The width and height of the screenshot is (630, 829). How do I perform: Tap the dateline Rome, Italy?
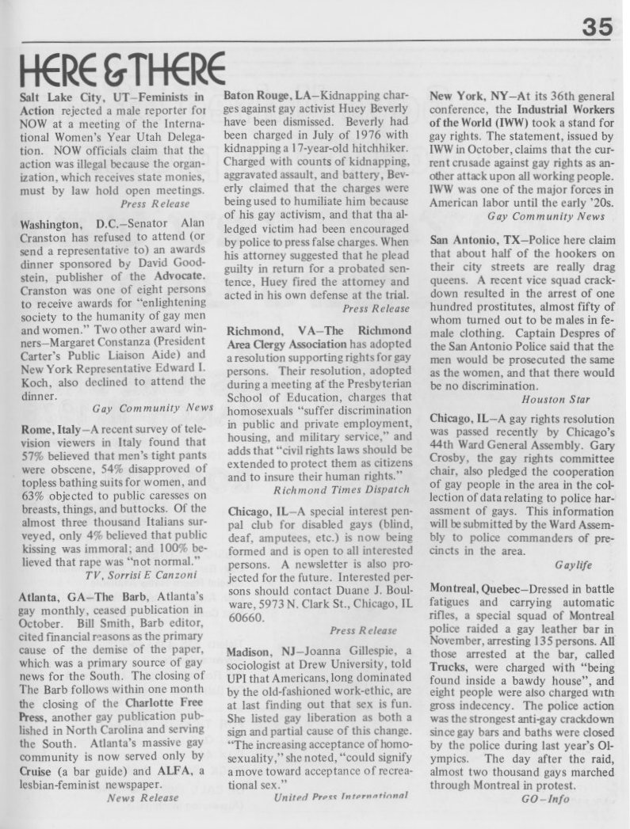(x=48, y=428)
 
